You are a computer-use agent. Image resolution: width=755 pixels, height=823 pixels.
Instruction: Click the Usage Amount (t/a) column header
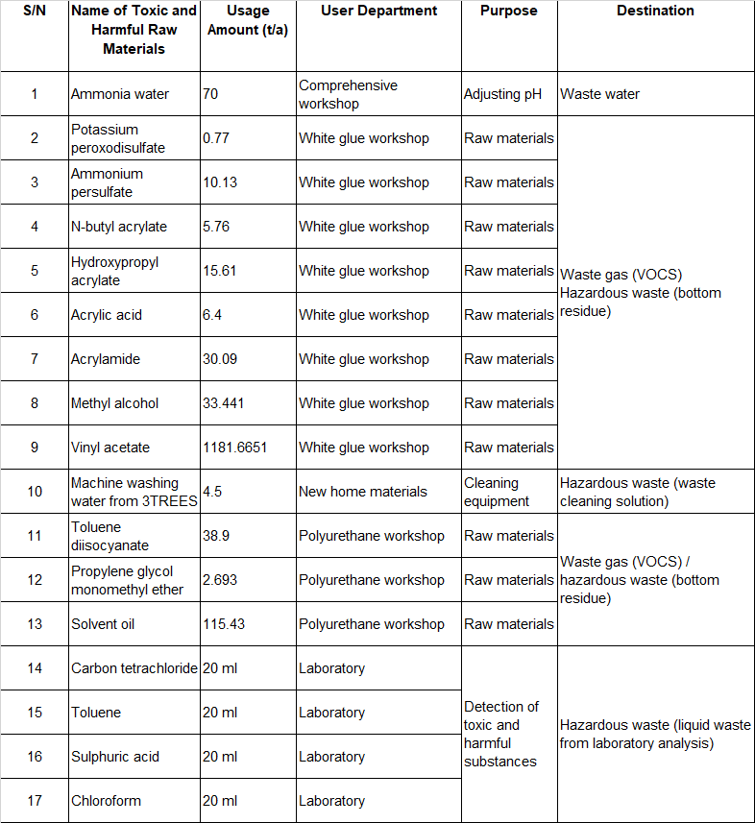click(248, 19)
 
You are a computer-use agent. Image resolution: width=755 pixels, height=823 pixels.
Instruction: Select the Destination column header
click(655, 11)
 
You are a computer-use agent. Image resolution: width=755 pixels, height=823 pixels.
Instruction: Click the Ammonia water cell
click(120, 94)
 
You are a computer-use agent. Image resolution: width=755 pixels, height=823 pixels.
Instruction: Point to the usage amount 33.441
click(224, 403)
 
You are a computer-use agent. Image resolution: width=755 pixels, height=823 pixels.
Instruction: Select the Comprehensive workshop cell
click(347, 94)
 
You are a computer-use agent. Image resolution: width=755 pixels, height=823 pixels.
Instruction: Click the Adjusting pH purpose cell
click(503, 94)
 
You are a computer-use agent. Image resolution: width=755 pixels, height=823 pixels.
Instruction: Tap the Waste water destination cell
click(599, 94)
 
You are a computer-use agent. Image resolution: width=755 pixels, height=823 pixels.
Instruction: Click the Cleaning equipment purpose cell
click(491, 492)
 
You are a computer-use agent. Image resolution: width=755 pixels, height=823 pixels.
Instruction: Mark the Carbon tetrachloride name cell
click(134, 668)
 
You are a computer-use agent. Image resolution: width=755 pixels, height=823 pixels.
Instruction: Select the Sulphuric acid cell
click(115, 757)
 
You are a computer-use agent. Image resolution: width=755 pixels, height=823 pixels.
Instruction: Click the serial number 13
click(35, 624)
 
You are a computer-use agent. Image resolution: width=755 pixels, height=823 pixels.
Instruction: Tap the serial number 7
click(35, 359)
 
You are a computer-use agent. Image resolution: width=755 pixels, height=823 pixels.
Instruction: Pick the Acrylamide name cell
click(106, 359)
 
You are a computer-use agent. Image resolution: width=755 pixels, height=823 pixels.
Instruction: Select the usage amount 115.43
click(224, 624)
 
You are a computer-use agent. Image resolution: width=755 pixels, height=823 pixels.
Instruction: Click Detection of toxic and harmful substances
click(501, 734)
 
